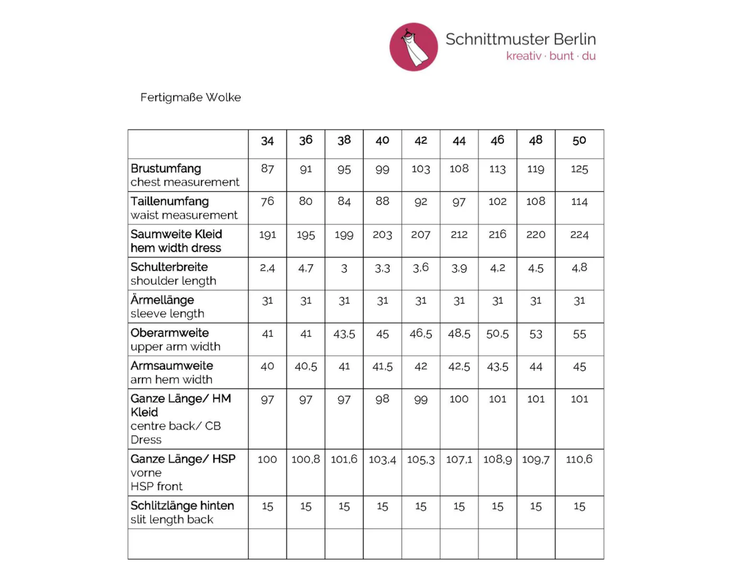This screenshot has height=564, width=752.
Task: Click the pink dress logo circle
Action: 414,47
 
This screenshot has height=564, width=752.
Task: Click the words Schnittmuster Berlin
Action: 520,39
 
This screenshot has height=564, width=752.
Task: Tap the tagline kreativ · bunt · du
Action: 551,56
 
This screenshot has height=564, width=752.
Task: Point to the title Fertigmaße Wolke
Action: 190,97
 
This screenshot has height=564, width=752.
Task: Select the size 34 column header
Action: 267,141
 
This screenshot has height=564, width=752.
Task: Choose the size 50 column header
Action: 579,141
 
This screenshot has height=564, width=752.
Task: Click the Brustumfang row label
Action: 166,168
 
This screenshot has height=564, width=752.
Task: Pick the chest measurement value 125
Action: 579,169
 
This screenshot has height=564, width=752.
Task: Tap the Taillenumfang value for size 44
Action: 459,202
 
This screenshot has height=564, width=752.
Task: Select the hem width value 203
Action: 382,235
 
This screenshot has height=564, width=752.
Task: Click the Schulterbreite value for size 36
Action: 305,268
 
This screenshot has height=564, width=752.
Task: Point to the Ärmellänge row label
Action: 162,300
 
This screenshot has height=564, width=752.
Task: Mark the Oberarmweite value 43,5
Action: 344,334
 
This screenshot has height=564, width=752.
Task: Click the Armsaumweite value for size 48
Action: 535,367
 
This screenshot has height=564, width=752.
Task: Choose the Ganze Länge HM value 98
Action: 382,399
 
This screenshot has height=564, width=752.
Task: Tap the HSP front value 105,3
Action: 421,459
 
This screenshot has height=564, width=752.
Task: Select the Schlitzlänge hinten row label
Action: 182,506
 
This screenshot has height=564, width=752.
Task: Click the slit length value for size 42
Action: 421,506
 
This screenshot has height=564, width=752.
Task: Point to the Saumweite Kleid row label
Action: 176,234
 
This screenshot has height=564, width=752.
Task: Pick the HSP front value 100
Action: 267,459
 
